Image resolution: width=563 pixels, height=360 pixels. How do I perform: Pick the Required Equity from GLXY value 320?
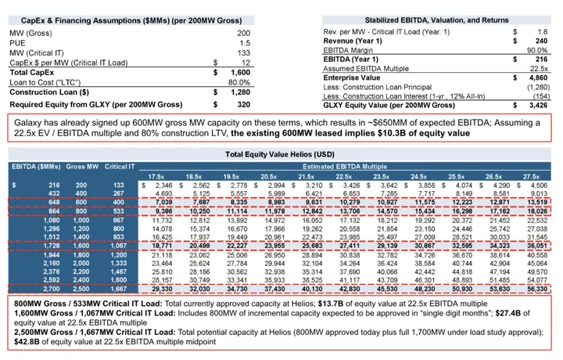coord(242,103)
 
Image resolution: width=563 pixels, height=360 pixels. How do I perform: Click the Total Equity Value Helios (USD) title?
coord(281,155)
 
